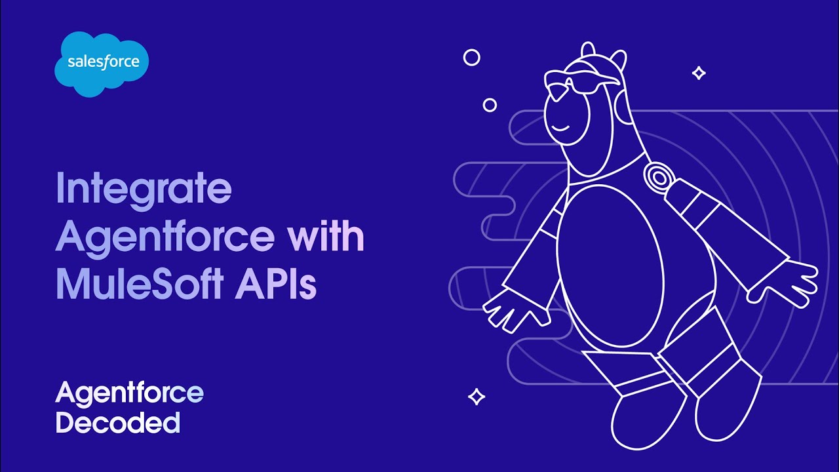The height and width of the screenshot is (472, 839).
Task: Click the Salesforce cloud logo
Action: (102, 64)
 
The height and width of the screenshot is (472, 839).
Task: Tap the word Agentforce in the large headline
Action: (165, 237)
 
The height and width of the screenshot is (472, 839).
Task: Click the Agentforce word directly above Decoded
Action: (129, 393)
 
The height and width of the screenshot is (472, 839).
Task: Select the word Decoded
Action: (117, 422)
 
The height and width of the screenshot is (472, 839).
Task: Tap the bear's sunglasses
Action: (577, 83)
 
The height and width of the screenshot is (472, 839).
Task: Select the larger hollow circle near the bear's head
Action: (471, 58)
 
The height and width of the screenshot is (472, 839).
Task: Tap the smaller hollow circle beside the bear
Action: (490, 105)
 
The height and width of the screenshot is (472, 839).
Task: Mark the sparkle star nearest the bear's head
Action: (699, 73)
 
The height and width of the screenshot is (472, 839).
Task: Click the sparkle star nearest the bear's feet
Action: (477, 397)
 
